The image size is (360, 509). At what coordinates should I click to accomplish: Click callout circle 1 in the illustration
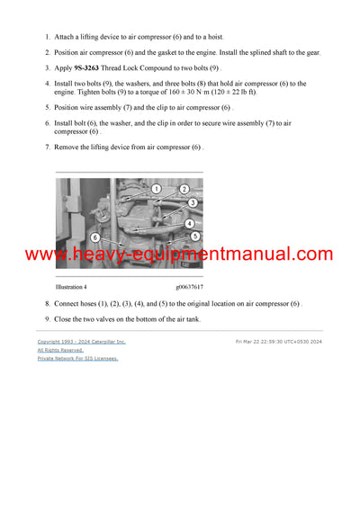pos(156,189)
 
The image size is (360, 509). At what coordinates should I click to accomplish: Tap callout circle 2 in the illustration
pos(184,190)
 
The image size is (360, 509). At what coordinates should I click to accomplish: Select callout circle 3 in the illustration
pos(192,203)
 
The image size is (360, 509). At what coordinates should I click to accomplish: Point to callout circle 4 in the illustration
pos(190,223)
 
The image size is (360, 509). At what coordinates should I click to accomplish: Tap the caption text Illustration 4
pos(72,287)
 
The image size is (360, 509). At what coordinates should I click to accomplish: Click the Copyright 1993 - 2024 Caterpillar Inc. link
pos(81,342)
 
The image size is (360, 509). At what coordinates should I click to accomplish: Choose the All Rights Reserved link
pos(60,350)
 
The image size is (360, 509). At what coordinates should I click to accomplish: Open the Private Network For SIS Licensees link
pos(77,358)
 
